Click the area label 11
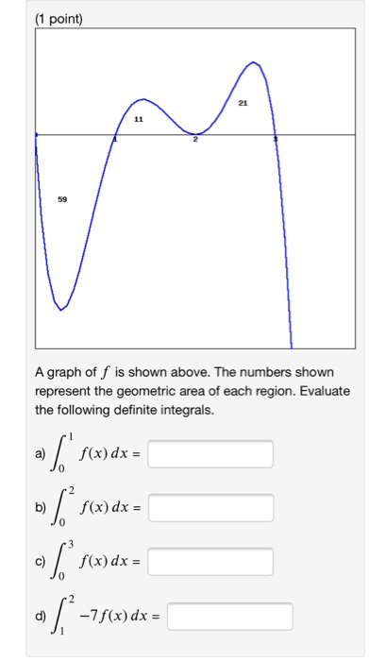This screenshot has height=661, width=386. [140, 120]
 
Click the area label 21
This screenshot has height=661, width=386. [243, 102]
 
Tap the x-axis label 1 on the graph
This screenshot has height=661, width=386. [115, 140]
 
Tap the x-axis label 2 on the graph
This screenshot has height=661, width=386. [195, 140]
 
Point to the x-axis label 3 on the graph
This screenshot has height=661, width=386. [276, 140]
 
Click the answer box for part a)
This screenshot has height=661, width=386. [210, 454]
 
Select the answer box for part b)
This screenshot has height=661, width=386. [210, 508]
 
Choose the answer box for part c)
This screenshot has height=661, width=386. [210, 562]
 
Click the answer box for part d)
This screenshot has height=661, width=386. [230, 617]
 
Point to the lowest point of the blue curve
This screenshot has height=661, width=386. [59, 309]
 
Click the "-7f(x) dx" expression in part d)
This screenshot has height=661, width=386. [121, 618]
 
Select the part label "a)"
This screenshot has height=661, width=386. [40, 455]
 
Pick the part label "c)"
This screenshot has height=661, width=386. [40, 563]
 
